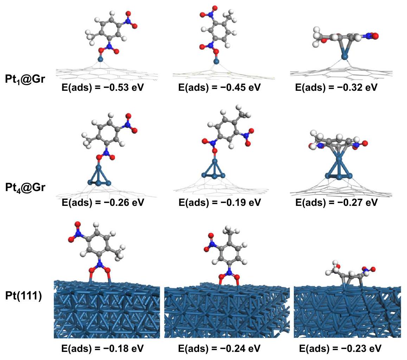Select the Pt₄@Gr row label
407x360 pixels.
[25, 188]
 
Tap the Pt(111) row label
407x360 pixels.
[24, 296]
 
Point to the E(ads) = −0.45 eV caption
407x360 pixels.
[220, 87]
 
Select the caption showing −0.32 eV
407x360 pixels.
[336, 87]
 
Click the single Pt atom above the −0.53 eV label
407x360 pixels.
[101, 59]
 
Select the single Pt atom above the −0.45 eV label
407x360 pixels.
[216, 62]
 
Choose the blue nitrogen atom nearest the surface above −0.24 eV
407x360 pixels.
[229, 272]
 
